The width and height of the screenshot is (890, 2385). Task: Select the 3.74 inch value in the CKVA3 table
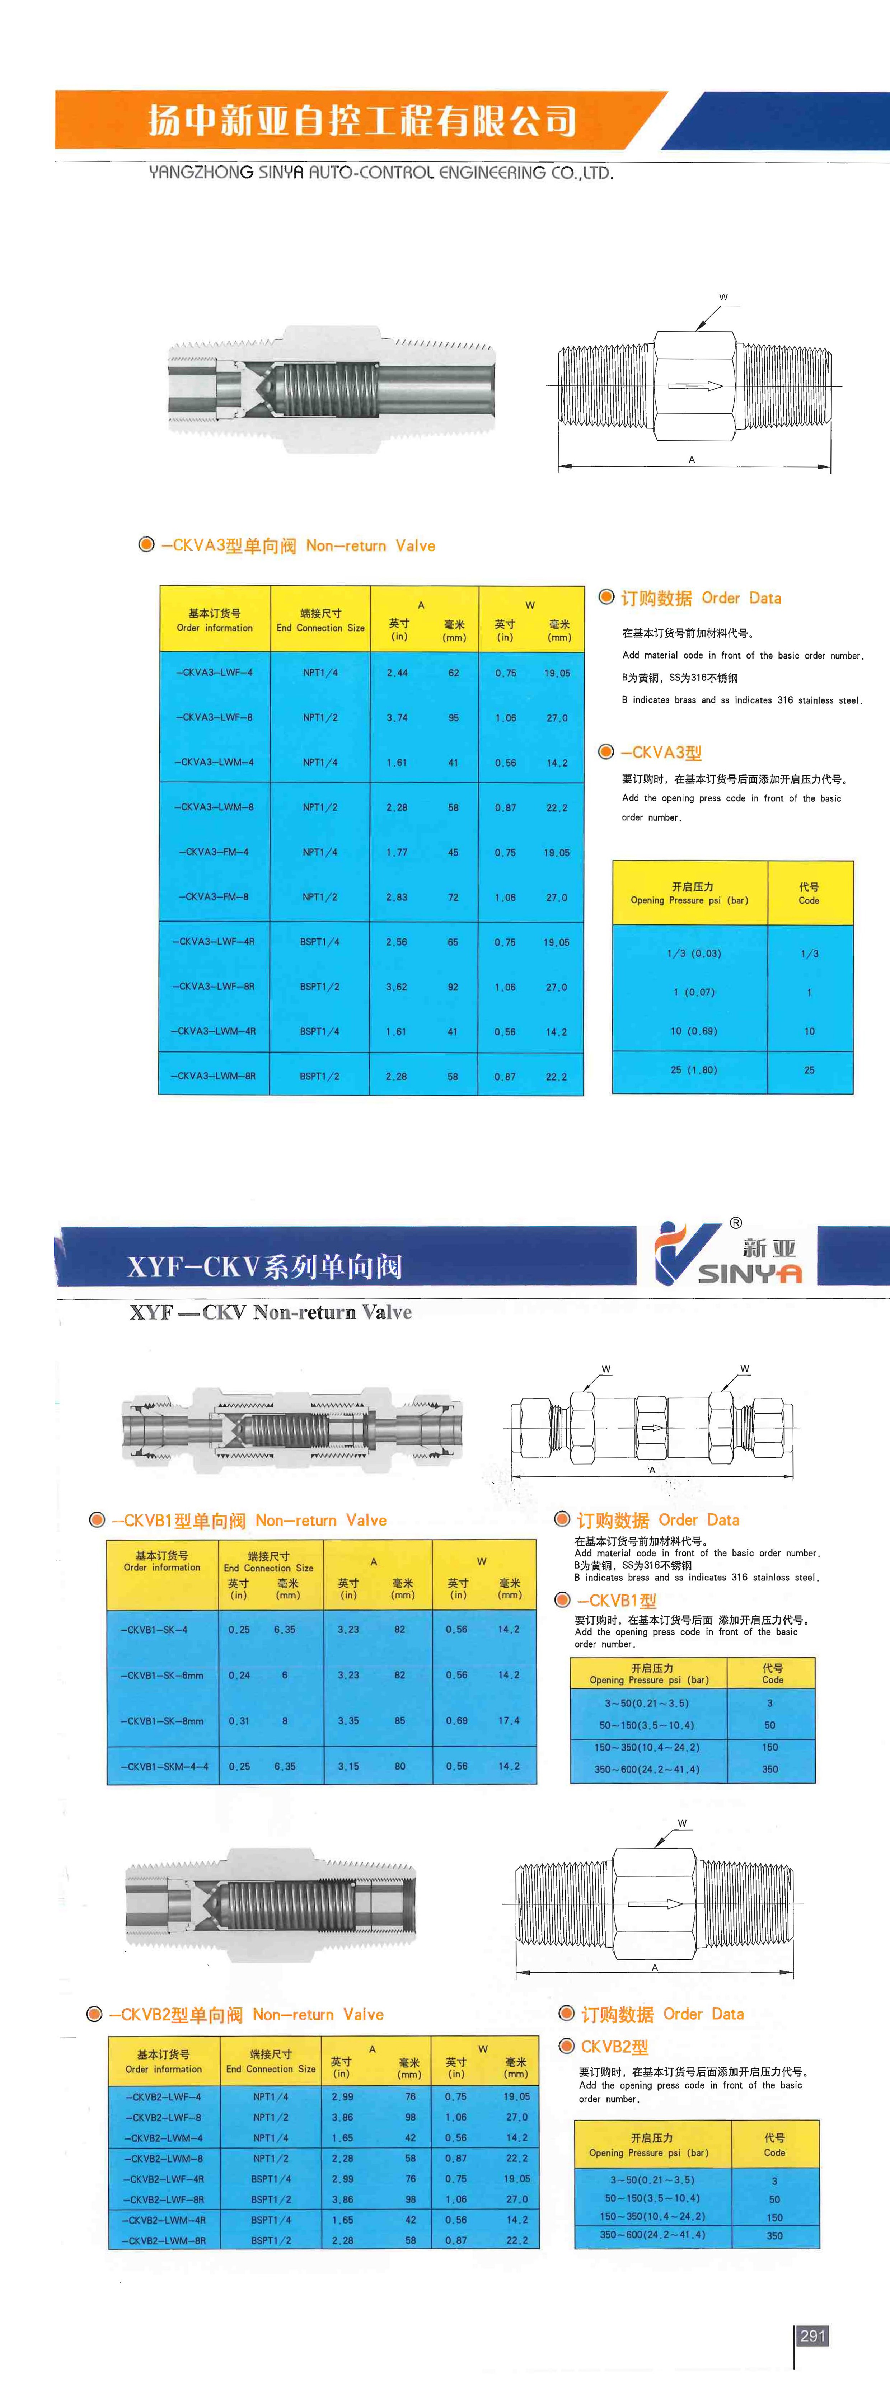click(x=397, y=717)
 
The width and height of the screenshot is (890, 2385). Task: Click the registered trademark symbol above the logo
click(x=735, y=1222)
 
